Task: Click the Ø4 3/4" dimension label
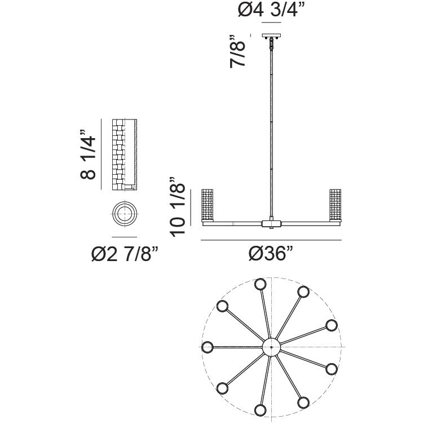(272, 10)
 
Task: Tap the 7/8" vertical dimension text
(238, 51)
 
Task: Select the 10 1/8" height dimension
(178, 207)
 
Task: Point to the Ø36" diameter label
(271, 253)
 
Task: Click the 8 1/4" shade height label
(88, 154)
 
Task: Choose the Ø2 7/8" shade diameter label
(125, 254)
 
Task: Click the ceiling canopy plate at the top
(272, 36)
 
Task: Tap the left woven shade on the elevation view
(207, 205)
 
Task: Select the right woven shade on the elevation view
(335, 205)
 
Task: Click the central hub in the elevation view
(272, 223)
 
